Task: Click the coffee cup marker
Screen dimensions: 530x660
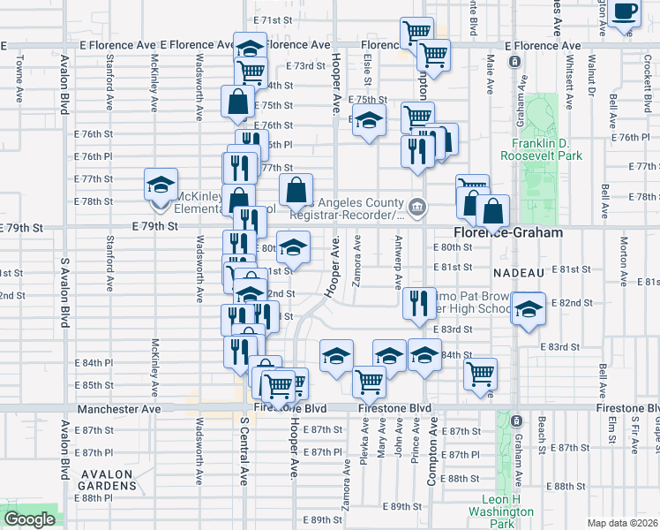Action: [625, 12]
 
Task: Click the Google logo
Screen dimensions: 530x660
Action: [28, 519]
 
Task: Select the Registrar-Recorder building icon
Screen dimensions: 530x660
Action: [417, 208]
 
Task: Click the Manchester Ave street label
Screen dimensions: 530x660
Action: [119, 410]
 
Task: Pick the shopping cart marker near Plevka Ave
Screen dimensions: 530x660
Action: [369, 382]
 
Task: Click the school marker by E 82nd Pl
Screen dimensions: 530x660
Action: [528, 310]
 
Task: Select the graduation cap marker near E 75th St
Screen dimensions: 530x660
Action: [369, 122]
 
